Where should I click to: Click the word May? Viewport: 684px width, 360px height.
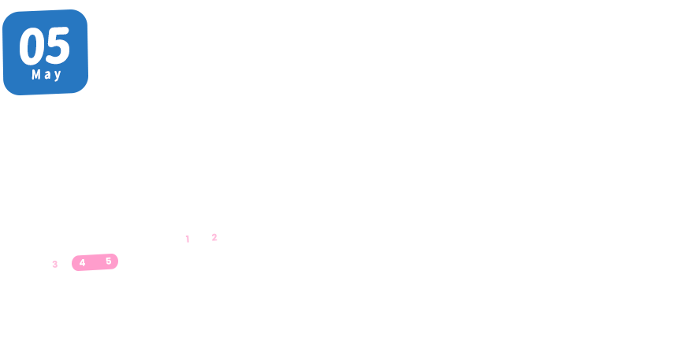coord(46,75)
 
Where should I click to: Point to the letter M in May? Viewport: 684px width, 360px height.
coord(36,75)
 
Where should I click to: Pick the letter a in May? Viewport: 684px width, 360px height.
coord(46,76)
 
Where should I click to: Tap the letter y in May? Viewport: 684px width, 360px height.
coord(57,76)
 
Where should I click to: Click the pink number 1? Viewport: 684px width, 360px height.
coord(187,239)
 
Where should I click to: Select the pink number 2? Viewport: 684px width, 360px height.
coord(214,237)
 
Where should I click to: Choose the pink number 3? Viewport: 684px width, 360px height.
coord(54,264)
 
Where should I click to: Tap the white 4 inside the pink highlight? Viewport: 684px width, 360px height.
coord(82,262)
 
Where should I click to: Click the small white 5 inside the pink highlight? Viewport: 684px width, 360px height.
coord(108,261)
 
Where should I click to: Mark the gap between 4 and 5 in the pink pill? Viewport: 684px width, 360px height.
coord(95,262)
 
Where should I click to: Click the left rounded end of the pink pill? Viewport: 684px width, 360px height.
coord(74,263)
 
